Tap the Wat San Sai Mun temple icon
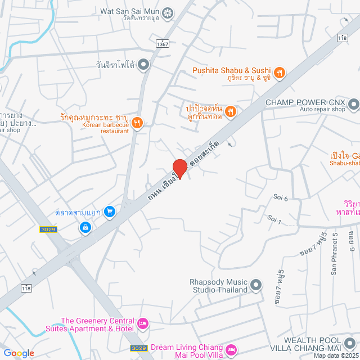168,12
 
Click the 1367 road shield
163,43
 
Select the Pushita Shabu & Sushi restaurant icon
280,72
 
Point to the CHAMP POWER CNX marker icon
353,103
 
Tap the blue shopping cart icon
110,211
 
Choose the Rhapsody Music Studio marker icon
256,285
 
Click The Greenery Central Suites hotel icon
143,323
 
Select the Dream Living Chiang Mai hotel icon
231,352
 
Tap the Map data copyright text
336,355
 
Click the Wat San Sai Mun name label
130,11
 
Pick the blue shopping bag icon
85,228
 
